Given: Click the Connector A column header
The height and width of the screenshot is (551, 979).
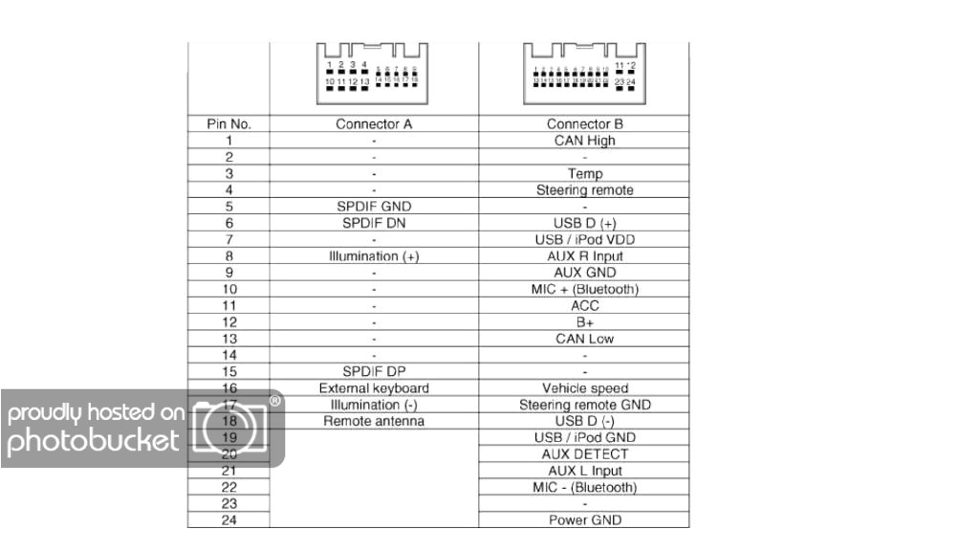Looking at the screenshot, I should [374, 124].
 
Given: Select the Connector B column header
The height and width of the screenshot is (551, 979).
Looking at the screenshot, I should [584, 124].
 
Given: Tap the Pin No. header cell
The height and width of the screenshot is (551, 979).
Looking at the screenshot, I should [228, 124].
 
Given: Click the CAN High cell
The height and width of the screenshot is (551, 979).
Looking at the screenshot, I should [584, 141].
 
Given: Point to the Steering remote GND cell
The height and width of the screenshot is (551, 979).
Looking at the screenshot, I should [584, 405].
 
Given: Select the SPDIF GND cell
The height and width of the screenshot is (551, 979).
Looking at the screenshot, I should [374, 207].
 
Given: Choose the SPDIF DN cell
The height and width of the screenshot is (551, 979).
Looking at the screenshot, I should [374, 223].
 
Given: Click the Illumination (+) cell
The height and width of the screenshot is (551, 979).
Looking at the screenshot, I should [374, 256].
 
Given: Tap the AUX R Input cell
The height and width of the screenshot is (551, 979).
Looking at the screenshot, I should [584, 256].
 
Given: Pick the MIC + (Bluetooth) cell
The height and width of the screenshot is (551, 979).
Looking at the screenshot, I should [584, 289].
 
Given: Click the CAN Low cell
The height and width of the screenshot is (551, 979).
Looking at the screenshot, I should [584, 339].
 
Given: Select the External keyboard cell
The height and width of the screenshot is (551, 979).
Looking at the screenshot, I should [374, 388].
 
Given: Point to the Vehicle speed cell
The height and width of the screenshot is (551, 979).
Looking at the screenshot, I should [584, 388].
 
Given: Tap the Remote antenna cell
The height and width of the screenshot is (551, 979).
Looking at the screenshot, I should [374, 421].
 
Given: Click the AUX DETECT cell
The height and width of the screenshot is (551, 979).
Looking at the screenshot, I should [584, 454].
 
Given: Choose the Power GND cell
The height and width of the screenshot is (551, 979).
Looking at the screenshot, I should [584, 520].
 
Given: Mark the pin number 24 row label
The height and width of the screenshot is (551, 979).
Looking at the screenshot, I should [228, 520].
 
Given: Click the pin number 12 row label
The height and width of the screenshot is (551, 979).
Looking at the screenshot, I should [228, 322].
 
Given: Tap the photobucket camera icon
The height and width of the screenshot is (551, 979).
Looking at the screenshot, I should [229, 426].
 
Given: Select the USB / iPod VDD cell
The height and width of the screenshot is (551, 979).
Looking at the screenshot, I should [584, 239].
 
